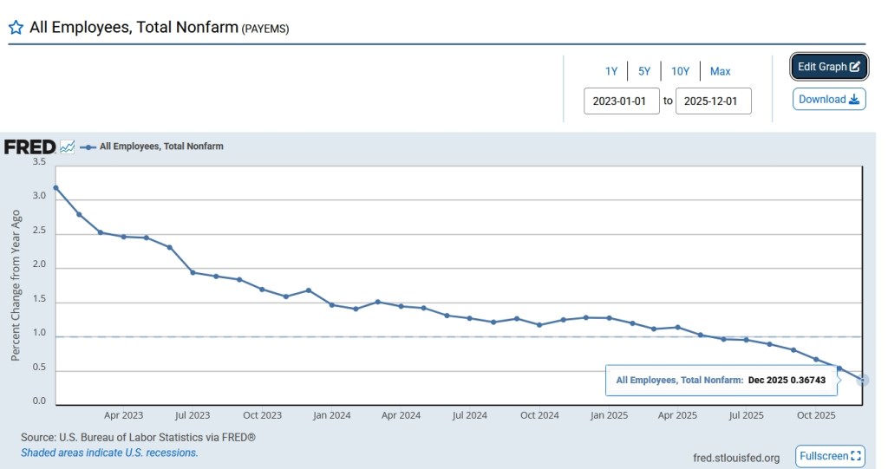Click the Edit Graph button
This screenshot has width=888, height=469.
pos(828,67)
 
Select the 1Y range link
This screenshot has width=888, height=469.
pos(611,71)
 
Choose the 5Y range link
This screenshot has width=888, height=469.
pos(644,71)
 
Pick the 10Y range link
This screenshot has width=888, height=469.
pos(680,71)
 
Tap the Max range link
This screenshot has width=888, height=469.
pos(720,71)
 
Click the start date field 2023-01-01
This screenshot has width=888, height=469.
pos(621,101)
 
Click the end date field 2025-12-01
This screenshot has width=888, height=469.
pos(713,101)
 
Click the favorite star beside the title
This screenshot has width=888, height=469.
pos(16,27)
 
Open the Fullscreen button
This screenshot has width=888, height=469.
pos(831,456)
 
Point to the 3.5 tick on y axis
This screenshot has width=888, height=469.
pos(39,162)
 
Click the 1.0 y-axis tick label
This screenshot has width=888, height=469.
pos(39,333)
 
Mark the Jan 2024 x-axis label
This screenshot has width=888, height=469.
pos(331,415)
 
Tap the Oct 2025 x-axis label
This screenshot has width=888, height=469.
pos(816,415)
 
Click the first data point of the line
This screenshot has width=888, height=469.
pos(55,187)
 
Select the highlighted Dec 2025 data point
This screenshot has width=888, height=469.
pos(863,381)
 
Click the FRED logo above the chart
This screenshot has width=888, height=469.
pos(29,147)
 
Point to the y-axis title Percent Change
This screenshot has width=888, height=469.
pos(16,284)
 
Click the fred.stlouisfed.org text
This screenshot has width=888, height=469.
pos(736,457)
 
